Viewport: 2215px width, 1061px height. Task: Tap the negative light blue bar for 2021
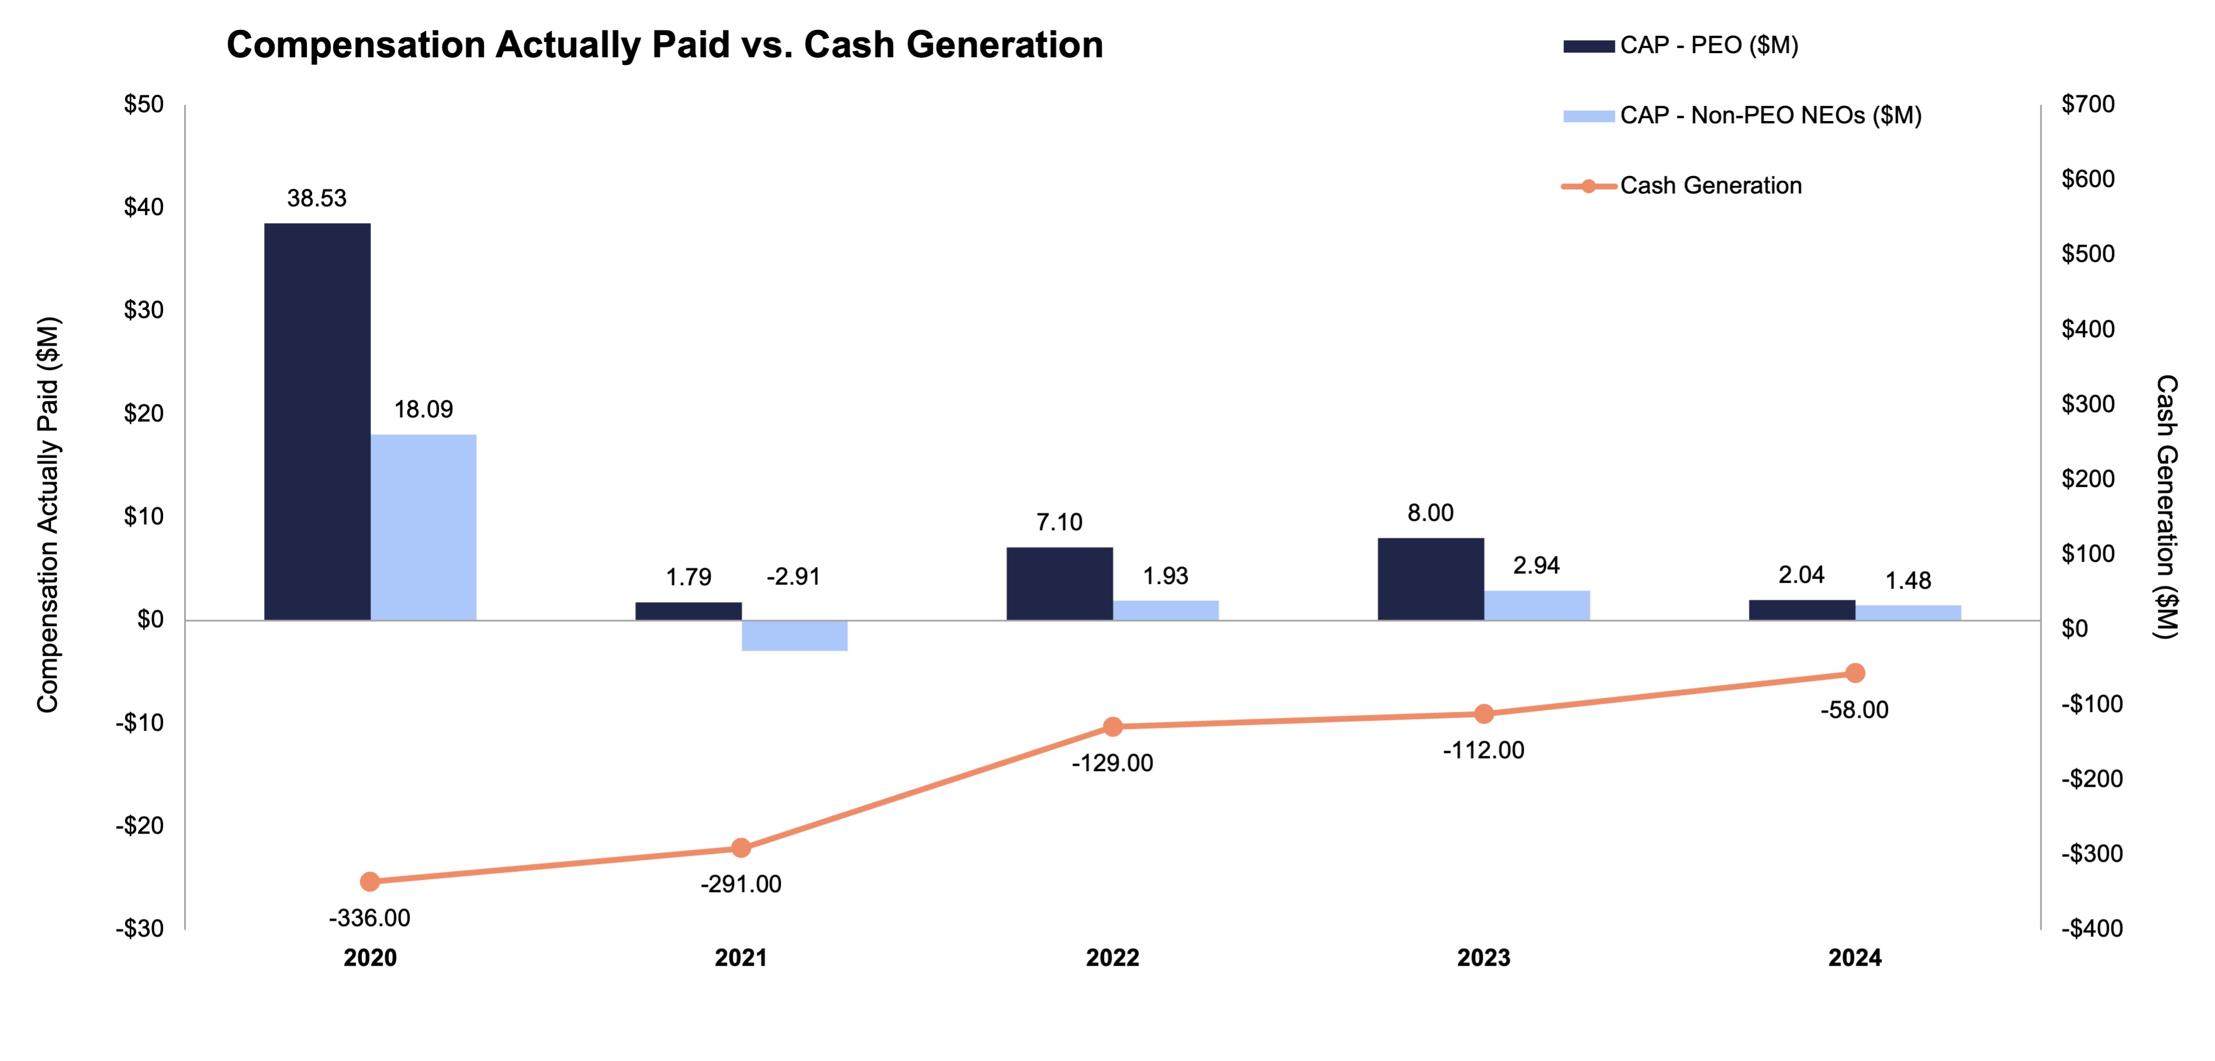[794, 635]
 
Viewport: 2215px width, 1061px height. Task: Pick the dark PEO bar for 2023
[1430, 579]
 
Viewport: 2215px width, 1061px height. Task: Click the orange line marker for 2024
[1855, 672]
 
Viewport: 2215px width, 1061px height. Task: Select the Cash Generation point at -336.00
[370, 882]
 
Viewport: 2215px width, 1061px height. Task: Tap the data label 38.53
[316, 199]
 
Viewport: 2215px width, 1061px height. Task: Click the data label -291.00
[740, 884]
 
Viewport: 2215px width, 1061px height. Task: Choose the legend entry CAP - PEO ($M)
[1708, 46]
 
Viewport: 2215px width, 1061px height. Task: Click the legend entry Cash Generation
[1709, 186]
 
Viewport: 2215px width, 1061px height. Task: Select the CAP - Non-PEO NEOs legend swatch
[1587, 116]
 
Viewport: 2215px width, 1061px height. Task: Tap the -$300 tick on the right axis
[2091, 854]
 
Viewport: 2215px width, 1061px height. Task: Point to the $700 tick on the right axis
[2087, 104]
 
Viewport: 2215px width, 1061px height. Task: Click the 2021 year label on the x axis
[740, 958]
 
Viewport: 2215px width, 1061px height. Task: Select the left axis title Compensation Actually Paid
[48, 514]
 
